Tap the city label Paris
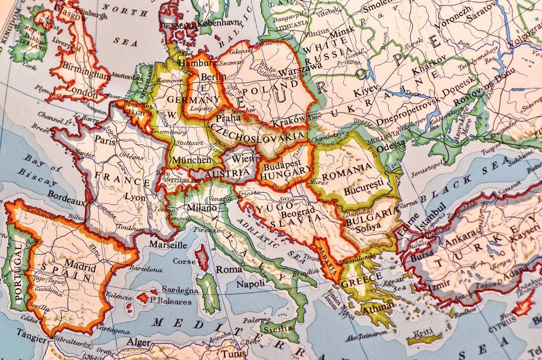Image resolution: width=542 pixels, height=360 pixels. click(105, 140)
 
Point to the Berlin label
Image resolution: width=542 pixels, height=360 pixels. click(213, 77)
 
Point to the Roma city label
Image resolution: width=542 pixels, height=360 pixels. click(229, 269)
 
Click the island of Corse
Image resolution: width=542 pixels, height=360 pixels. click(201, 257)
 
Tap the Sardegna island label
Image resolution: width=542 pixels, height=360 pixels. click(180, 290)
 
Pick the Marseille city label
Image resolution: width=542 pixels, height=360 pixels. click(168, 245)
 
